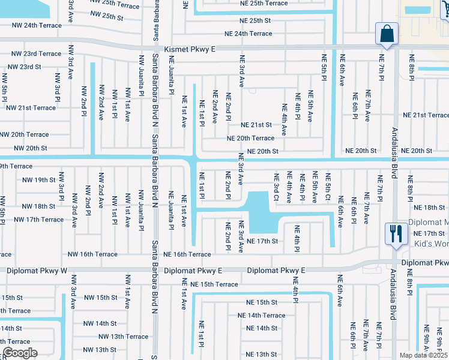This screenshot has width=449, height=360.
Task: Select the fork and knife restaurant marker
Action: (395, 233)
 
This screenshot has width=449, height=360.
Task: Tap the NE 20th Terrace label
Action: (250, 138)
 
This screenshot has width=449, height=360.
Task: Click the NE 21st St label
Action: (256, 125)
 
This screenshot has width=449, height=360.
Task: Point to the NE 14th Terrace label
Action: (261, 315)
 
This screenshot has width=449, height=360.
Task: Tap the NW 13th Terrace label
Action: (124, 337)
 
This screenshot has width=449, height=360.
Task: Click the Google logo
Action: (19, 353)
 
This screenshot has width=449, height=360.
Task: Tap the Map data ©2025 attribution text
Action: (423, 355)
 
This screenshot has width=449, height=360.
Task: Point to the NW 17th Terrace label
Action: (39, 219)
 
